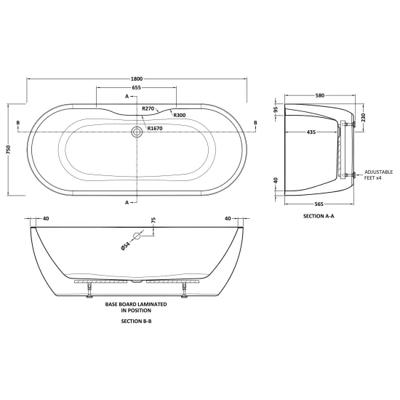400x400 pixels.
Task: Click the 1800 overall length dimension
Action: pyautogui.click(x=137, y=79)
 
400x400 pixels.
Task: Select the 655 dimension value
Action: pyautogui.click(x=137, y=87)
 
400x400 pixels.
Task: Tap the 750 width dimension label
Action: pyautogui.click(x=9, y=149)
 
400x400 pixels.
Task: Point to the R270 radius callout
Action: pyautogui.click(x=148, y=108)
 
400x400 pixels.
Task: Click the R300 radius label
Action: pyautogui.click(x=180, y=116)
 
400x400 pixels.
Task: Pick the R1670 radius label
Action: pyautogui.click(x=155, y=128)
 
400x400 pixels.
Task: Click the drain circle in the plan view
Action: pyautogui.click(x=137, y=132)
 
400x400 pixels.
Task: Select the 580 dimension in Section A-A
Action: pyautogui.click(x=320, y=95)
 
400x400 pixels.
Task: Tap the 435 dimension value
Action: pyautogui.click(x=311, y=132)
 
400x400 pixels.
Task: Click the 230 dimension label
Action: pyautogui.click(x=363, y=117)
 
